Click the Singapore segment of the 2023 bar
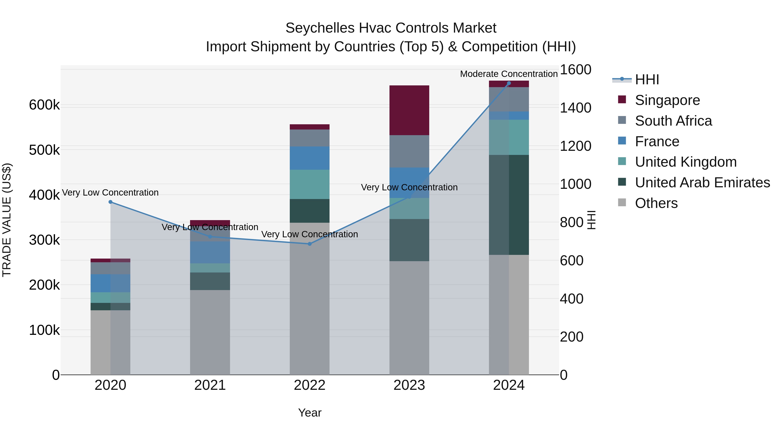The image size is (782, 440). point(409,110)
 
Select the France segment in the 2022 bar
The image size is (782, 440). point(309,158)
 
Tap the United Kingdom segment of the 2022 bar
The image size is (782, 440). point(309,184)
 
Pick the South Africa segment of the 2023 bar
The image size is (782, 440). point(409,151)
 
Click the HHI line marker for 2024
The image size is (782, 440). point(509,83)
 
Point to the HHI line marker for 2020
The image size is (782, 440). point(111,202)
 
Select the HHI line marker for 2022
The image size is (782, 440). point(310,244)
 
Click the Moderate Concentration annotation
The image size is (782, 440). point(509,74)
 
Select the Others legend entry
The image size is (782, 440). point(656,203)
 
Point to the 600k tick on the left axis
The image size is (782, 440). point(44,105)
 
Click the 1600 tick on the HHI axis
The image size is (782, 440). point(575,70)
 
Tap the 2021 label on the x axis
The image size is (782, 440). point(210,385)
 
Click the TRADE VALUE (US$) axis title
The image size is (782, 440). point(7,220)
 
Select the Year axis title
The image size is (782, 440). point(309,413)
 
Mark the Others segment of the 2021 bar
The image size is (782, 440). point(210,332)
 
